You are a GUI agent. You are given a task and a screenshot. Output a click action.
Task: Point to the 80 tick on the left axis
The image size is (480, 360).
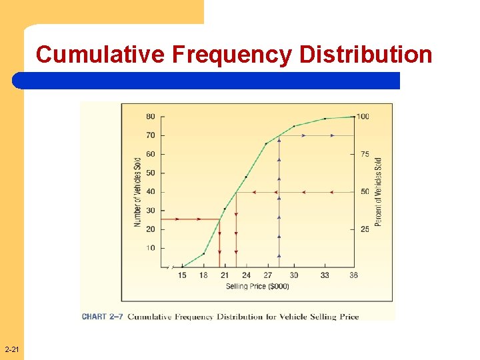(151, 117)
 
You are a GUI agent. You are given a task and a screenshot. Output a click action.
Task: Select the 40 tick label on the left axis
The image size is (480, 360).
(151, 192)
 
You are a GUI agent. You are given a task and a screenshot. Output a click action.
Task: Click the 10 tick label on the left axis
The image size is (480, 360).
(151, 248)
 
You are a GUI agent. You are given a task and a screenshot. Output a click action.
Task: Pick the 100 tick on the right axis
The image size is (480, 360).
(363, 117)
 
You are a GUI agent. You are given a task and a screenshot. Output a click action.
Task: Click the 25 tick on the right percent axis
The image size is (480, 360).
(365, 229)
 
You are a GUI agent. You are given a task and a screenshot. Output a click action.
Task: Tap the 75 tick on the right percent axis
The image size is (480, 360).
(365, 154)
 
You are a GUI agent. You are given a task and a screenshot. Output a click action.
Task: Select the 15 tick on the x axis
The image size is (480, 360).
(182, 275)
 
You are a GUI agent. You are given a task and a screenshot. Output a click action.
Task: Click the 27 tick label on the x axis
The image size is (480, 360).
(267, 275)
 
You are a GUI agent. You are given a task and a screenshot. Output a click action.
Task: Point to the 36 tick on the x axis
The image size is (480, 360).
(353, 275)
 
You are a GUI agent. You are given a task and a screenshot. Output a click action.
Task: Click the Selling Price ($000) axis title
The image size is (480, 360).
(257, 287)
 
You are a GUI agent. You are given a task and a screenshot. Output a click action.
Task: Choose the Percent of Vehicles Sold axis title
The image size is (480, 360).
(378, 191)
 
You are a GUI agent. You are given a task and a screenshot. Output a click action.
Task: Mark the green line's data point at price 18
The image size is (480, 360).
(203, 253)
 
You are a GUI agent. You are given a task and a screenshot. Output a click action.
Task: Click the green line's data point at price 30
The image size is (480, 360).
(294, 126)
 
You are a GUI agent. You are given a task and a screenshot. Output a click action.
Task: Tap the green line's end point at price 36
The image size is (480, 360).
(353, 117)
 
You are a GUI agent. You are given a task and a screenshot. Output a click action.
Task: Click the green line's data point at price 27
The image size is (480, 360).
(266, 143)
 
